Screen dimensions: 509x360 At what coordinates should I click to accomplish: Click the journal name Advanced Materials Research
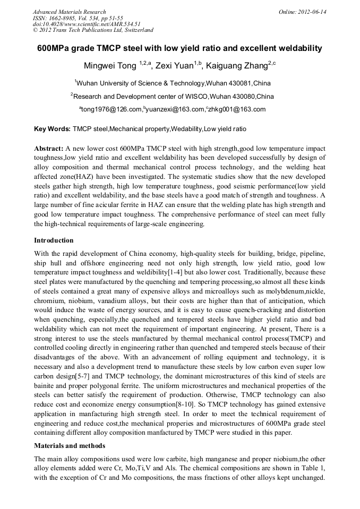coord(69,12)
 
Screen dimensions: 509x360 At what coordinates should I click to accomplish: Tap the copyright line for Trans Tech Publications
coord(92,30)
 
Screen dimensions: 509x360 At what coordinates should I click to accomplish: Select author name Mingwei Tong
coord(110,66)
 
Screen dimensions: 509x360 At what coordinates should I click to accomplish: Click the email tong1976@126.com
coord(112,110)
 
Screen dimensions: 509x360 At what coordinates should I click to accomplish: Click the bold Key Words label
coord(52,129)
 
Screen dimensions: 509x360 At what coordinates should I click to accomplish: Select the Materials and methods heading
coord(70,445)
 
